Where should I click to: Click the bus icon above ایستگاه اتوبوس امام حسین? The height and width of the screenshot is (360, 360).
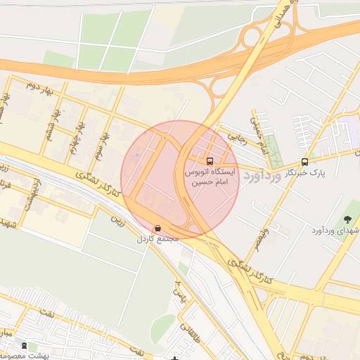(210, 161)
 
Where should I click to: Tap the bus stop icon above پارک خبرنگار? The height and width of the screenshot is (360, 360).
(304, 162)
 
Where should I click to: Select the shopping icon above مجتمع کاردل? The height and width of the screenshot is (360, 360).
(157, 229)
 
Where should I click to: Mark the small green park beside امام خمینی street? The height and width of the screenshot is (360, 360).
(274, 150)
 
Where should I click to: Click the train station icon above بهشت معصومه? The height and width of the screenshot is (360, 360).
(25, 346)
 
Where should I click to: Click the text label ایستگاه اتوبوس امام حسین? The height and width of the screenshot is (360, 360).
(211, 176)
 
